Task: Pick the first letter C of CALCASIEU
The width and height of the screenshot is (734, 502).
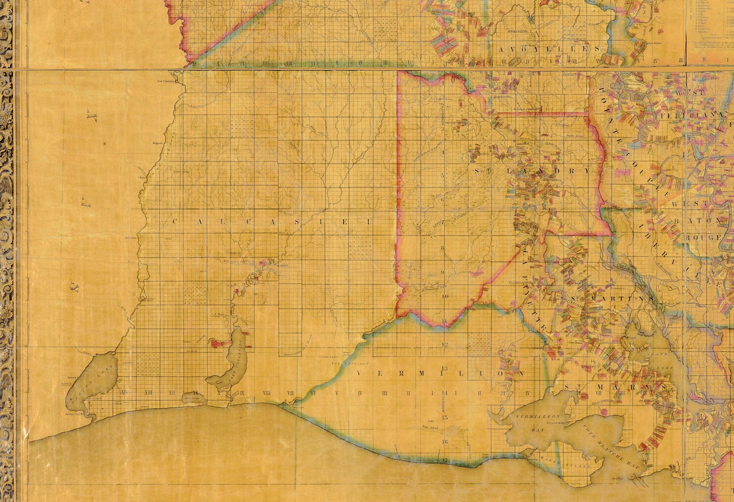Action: (x=176, y=221)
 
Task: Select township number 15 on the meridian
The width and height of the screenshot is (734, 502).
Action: (x=445, y=418)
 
